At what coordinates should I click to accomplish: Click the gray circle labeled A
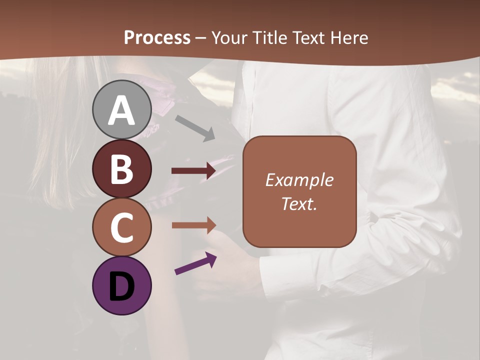coord(122,109)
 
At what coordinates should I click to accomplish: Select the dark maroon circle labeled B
coord(122,168)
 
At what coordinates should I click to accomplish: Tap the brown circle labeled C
coord(122,227)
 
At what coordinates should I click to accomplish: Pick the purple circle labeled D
coord(122,285)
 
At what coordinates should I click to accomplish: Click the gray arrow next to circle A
coord(195,127)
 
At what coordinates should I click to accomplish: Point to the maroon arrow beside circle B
coord(193,171)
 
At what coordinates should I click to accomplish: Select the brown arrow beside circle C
coord(193,225)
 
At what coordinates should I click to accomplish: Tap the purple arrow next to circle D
coord(195,264)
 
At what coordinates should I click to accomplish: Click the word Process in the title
coord(157,37)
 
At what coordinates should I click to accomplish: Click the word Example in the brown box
coord(299,180)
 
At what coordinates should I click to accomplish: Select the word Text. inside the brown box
coord(299,203)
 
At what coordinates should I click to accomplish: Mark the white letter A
coord(122,110)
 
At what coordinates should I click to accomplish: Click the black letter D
coord(122,287)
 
